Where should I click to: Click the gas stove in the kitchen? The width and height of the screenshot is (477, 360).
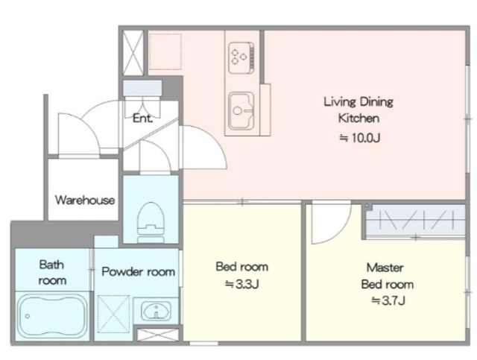(x=241, y=57)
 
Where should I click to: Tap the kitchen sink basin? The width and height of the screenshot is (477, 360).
(x=241, y=110)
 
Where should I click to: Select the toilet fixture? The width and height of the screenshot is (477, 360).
(x=151, y=222)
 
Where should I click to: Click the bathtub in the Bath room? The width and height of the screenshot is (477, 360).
(x=51, y=316)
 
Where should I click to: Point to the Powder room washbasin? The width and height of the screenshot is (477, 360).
(x=157, y=311)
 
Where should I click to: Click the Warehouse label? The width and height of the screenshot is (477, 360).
(x=85, y=200)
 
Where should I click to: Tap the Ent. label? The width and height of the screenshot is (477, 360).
(x=142, y=118)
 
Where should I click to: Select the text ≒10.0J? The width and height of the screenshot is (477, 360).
(x=359, y=138)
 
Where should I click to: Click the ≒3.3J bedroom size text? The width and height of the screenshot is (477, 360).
(x=241, y=284)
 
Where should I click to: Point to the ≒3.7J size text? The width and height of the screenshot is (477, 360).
(x=388, y=300)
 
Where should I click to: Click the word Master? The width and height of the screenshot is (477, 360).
(x=385, y=268)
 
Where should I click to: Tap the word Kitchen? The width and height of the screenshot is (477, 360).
(x=358, y=118)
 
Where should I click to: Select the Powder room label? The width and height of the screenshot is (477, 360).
(x=138, y=271)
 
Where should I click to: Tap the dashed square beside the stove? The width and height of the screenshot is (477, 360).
(x=165, y=51)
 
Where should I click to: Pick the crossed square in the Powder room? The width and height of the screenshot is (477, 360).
(x=113, y=315)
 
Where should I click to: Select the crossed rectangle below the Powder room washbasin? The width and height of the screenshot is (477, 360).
(x=158, y=335)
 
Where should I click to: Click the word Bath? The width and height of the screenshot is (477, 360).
(x=51, y=265)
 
